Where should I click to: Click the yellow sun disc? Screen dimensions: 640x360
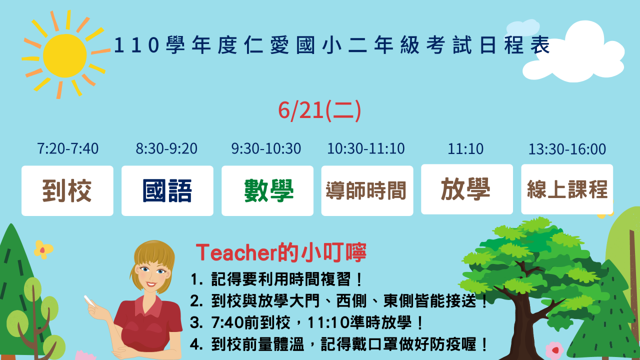point(65,55)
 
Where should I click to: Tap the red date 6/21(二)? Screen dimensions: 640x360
point(319,110)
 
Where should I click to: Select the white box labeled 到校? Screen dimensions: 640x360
point(67,190)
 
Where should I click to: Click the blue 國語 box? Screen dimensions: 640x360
point(167,190)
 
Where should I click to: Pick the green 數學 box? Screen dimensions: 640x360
point(267,190)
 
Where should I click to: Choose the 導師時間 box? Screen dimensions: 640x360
point(367,190)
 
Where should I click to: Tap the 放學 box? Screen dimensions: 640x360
point(467,189)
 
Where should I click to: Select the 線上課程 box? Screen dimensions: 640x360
point(567,189)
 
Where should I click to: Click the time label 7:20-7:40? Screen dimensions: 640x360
point(67,148)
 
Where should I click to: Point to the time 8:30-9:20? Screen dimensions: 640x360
point(166,148)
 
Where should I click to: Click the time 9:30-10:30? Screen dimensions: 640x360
point(266,148)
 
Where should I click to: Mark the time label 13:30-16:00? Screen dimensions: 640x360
point(567,149)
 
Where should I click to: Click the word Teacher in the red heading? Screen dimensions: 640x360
point(236,253)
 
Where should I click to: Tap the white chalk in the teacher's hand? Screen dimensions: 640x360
point(89,300)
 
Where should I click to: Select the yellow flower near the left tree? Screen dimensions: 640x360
point(43,249)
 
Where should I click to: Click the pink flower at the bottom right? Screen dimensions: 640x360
point(554,350)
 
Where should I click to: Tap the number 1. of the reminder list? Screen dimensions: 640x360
point(196,279)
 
